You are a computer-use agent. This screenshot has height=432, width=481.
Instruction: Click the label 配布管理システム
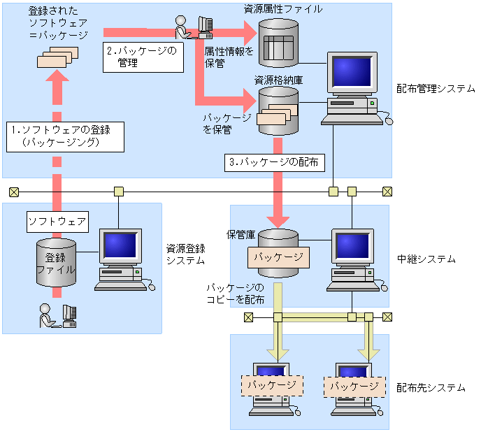click(x=435, y=89)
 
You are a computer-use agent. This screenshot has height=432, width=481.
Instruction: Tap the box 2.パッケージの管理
click(x=143, y=57)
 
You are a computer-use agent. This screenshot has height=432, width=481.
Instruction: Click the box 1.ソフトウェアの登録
click(x=66, y=136)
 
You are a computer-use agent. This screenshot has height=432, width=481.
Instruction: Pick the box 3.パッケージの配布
click(x=273, y=163)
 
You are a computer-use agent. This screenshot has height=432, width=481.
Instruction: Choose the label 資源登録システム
click(x=185, y=254)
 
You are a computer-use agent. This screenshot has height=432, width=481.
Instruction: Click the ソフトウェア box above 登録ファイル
click(x=57, y=222)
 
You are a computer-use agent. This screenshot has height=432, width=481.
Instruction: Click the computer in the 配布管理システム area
click(x=353, y=88)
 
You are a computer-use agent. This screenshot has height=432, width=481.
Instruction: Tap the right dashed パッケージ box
click(x=354, y=385)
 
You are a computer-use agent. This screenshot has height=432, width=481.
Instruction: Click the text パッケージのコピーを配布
click(x=235, y=294)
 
